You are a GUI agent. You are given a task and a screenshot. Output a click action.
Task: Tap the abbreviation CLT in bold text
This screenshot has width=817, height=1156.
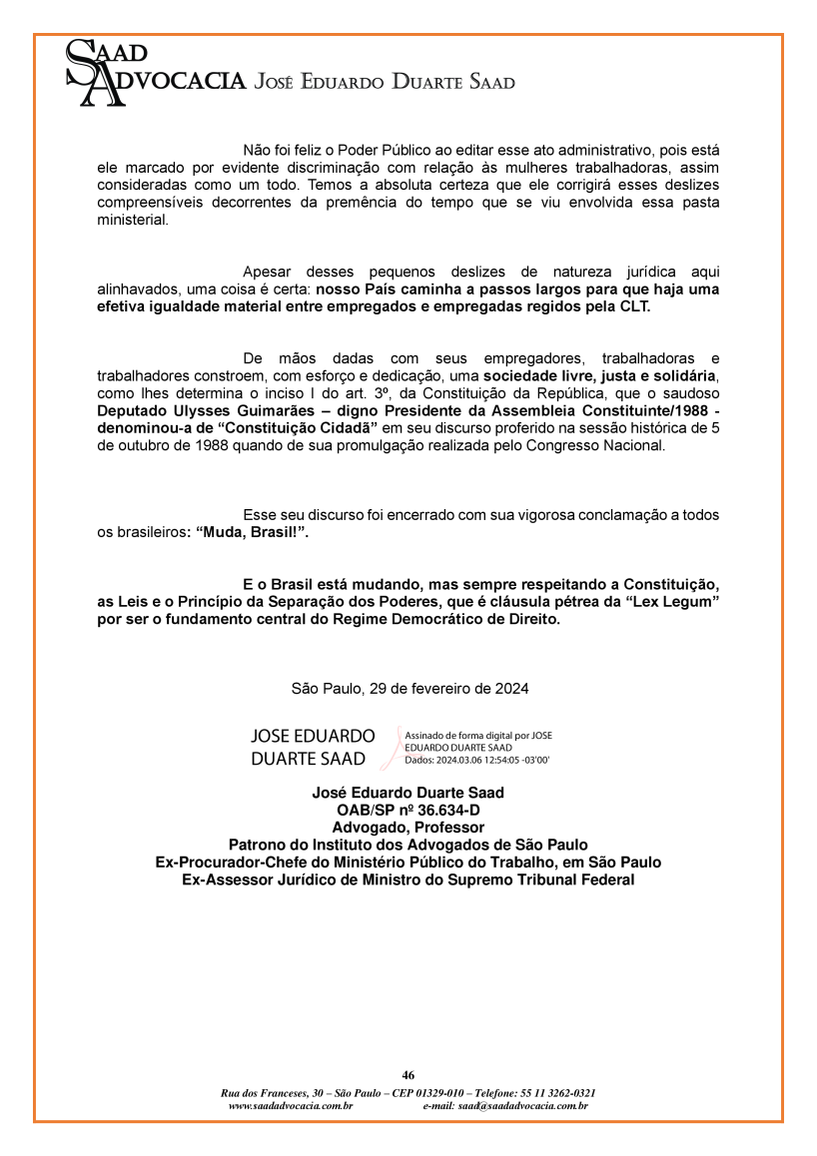pyautogui.click(x=632, y=306)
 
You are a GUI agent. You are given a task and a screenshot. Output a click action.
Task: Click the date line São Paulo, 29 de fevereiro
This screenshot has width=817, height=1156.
pyautogui.click(x=409, y=689)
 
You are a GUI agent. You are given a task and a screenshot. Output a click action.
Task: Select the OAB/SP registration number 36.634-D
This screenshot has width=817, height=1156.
pyautogui.click(x=434, y=810)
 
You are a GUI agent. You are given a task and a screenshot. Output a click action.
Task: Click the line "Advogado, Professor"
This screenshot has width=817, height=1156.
pyautogui.click(x=408, y=827)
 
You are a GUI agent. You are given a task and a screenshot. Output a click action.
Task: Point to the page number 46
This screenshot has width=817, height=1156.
pyautogui.click(x=408, y=1075)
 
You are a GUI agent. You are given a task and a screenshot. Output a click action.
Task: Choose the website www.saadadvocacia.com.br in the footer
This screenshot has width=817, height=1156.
pyautogui.click(x=291, y=1106)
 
